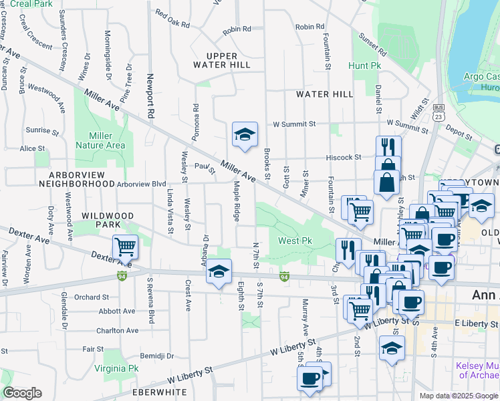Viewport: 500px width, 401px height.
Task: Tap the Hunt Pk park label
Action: pyautogui.click(x=364, y=66)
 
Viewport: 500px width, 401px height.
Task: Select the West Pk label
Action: pyautogui.click(x=295, y=241)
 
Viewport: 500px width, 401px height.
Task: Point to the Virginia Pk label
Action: pyautogui.click(x=116, y=368)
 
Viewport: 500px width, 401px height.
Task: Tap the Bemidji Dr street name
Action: pyautogui.click(x=156, y=356)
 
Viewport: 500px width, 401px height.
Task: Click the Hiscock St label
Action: pyautogui.click(x=344, y=158)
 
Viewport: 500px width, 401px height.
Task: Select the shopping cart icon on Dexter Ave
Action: pyautogui.click(x=125, y=247)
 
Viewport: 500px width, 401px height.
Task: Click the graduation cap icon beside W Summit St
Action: pyautogui.click(x=245, y=134)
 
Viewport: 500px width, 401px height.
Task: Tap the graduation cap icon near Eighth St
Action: pyautogui.click(x=218, y=271)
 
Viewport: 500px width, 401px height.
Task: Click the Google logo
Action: pyautogui.click(x=22, y=392)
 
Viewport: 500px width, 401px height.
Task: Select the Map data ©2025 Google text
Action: pyautogui.click(x=459, y=395)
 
